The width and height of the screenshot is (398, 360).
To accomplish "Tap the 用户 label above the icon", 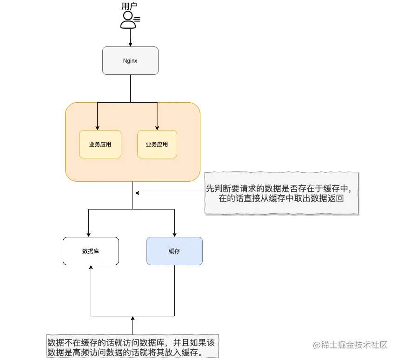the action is click(129, 6).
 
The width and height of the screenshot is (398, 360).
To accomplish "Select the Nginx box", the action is click(130, 60).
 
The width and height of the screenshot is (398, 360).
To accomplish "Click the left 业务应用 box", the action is click(100, 144).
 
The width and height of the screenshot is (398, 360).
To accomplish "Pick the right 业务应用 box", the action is click(157, 144).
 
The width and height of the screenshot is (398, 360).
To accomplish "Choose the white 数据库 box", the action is click(91, 251).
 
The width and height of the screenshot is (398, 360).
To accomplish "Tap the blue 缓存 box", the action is click(174, 251).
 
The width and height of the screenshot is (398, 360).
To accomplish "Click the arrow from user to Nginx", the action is click(131, 38).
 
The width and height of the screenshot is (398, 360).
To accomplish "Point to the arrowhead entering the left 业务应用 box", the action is click(97, 128).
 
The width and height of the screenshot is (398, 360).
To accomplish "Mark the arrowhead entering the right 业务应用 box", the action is click(157, 128).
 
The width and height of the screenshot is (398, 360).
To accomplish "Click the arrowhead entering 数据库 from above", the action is click(88, 235).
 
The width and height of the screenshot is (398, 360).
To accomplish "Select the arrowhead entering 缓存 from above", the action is click(175, 235).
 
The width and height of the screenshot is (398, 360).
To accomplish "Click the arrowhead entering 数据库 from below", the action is click(91, 268).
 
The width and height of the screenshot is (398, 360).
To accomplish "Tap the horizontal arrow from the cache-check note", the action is click(170, 193).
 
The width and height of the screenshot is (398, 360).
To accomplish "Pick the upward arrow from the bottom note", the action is click(133, 325).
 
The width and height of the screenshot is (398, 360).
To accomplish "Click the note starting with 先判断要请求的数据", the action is click(281, 193).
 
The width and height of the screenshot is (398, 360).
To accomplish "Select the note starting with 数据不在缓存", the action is click(133, 347).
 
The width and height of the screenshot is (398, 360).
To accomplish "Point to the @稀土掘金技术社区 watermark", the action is click(350, 345).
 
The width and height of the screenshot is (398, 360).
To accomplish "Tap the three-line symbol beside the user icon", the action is click(137, 19).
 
